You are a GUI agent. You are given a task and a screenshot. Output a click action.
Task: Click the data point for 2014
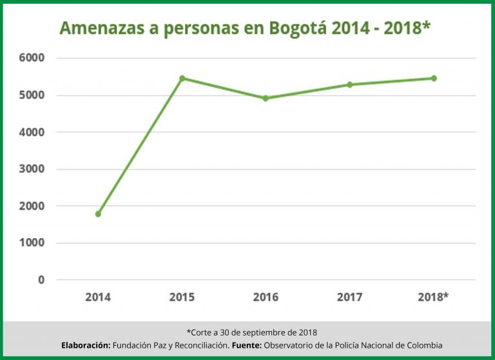tap(98, 214)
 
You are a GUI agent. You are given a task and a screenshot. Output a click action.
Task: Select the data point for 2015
tap(182, 78)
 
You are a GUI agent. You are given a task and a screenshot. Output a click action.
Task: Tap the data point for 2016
tap(266, 98)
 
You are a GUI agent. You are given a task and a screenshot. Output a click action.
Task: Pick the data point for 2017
tap(349, 85)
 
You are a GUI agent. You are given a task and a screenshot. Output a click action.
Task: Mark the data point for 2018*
tap(434, 78)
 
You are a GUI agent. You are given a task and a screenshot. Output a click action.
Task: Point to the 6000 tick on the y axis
tap(32, 58)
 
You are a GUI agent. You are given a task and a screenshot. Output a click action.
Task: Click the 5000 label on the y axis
tap(32, 95)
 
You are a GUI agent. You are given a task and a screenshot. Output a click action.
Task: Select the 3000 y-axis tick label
tap(32, 169)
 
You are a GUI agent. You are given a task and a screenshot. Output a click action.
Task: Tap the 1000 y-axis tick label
tap(32, 243)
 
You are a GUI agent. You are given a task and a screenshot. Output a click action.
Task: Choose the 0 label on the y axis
tap(41, 280)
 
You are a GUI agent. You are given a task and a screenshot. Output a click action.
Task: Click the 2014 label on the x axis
tap(98, 297)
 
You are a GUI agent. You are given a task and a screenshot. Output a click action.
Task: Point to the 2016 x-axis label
tap(266, 297)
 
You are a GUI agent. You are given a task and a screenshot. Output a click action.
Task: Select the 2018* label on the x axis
tap(433, 297)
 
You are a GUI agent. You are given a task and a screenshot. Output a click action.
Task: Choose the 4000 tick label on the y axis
tap(32, 132)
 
